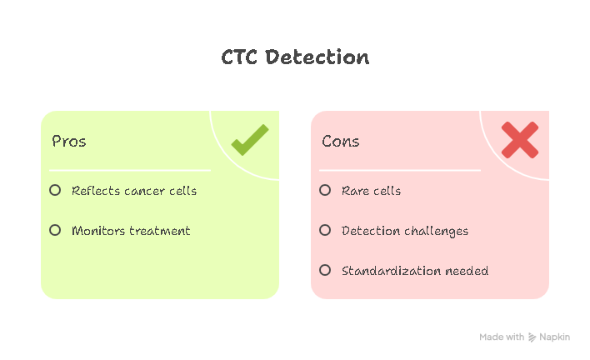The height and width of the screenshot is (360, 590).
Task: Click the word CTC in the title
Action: tap(239, 57)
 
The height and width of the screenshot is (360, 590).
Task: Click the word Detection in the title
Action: tap(317, 57)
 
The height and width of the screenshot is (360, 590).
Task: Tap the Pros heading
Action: tap(69, 142)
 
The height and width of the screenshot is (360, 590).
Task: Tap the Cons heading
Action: tap(341, 142)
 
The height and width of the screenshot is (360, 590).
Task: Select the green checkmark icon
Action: tap(250, 140)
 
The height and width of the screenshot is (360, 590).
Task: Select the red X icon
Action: tap(520, 140)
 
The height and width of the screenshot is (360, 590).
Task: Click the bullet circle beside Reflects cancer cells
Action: tap(55, 190)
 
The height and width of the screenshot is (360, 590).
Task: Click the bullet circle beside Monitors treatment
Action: tap(55, 230)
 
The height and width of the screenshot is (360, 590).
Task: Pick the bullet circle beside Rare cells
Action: tap(325, 190)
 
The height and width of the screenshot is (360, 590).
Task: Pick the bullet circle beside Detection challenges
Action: tap(325, 230)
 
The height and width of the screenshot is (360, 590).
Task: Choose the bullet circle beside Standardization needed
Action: tap(325, 270)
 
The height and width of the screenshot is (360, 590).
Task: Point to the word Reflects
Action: tap(96, 191)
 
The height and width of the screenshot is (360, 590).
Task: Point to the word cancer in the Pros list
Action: tap(144, 192)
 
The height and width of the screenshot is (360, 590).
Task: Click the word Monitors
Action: tap(98, 231)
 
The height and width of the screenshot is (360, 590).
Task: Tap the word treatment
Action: tap(160, 231)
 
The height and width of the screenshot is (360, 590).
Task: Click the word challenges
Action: tap(437, 232)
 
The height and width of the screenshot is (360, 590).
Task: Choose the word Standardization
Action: tap(391, 271)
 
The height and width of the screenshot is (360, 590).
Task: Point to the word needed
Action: tap(467, 271)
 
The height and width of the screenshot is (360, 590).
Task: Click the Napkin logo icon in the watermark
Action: tap(532, 337)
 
